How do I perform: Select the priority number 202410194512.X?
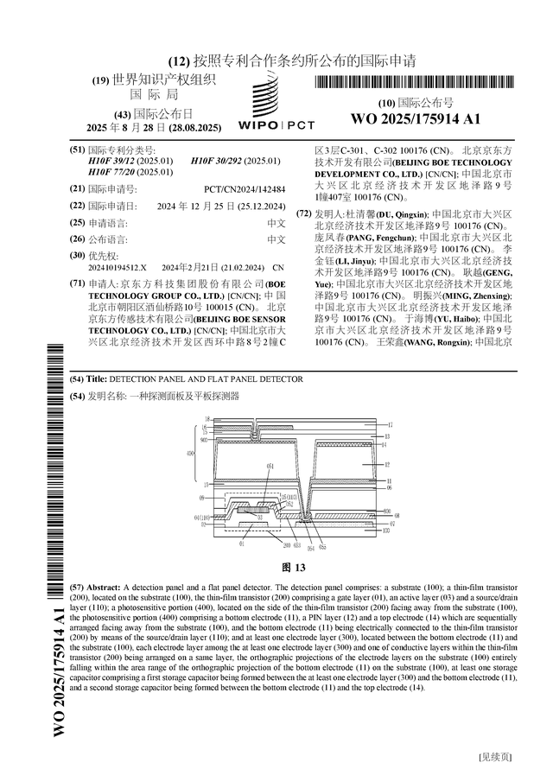click(118, 268)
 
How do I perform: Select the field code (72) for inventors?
click(303, 213)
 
